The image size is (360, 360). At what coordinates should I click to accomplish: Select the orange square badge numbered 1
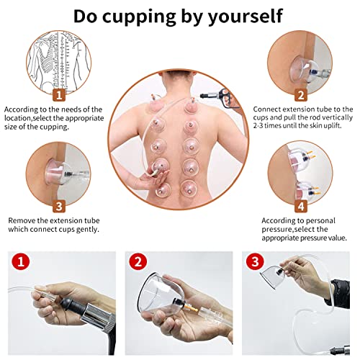(x=59, y=94)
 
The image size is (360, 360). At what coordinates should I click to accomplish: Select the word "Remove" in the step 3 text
(x=24, y=220)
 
